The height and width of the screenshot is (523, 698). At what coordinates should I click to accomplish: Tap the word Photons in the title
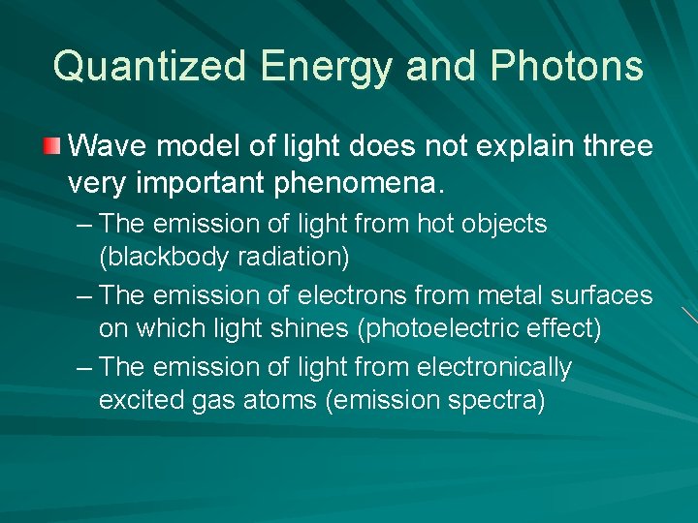point(567,67)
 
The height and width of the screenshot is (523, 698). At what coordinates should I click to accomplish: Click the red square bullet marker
point(51,147)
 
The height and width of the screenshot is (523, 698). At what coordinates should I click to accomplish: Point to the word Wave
point(104,147)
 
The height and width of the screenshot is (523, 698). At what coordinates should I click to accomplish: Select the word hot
point(435,224)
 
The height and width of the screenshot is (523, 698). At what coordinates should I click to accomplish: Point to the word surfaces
point(607,294)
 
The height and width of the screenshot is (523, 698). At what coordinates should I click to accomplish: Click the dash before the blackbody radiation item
point(83,224)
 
